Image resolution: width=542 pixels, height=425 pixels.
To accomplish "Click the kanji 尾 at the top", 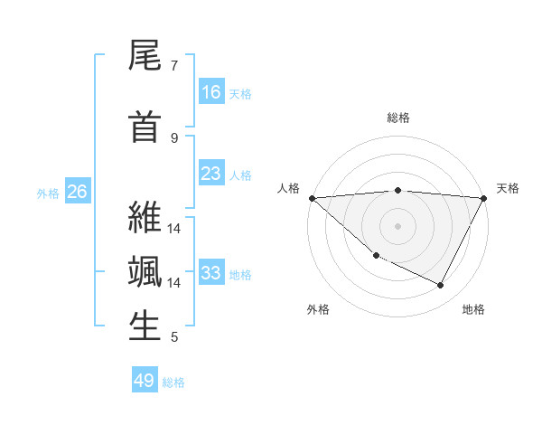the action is pos(145,56).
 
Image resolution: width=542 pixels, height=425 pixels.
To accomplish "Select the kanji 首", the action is pos(145,127).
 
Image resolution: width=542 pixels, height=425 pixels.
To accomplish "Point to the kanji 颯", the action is pos(145,272).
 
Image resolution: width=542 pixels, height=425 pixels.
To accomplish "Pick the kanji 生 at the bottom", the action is pos(145,326).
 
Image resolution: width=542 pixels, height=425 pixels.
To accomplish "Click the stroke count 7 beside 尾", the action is pos(174,66).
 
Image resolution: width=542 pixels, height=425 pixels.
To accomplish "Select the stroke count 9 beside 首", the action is pos(174,138).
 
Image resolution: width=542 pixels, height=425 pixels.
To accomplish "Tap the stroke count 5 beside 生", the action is pos(174,337).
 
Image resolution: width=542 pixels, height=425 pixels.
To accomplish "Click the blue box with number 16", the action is pos(211,92).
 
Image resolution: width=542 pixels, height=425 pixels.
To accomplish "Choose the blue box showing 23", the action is pos(211,174).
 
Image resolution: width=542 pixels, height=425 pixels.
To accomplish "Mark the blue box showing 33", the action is pos(211,273).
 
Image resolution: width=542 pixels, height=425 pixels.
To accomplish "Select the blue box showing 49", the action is pos(145,381).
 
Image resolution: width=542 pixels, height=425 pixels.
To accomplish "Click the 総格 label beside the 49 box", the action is pos(174,382).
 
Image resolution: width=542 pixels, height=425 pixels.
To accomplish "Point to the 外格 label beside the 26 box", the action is pos(48,193).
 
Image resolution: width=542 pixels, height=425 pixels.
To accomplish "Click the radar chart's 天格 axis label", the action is pos(508,188).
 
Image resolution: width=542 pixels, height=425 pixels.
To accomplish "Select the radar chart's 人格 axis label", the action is pos(289,188).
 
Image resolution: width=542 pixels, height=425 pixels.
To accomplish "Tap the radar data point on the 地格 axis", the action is pos(441,286).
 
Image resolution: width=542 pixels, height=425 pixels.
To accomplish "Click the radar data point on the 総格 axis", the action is pos(397,190).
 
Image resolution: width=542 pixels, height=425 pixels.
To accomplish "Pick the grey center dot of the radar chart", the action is pos(397,225).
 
